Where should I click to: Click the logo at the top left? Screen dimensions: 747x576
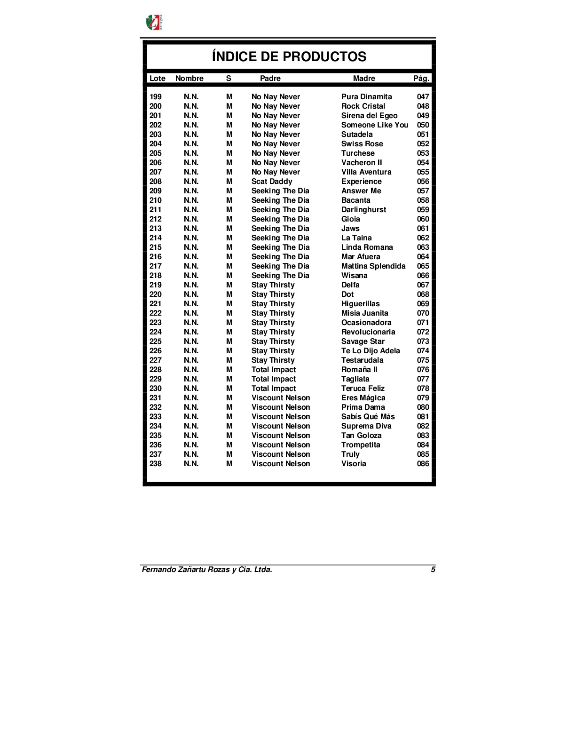[154, 22]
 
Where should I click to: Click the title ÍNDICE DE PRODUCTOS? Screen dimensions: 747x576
[289, 56]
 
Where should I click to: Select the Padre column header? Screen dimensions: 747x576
[270, 79]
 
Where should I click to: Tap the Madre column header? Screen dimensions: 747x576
[364, 79]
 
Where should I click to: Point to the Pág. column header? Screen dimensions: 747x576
[421, 79]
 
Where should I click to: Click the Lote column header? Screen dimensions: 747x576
[157, 79]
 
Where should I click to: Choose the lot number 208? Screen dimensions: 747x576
[156, 182]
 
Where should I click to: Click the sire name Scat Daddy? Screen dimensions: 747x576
[272, 182]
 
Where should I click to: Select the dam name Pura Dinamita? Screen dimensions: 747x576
[366, 97]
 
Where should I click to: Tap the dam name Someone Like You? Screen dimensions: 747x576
[375, 125]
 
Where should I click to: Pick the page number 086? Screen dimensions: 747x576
[423, 464]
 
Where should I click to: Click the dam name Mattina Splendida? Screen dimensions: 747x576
[373, 266]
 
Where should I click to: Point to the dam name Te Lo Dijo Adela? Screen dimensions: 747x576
[371, 351]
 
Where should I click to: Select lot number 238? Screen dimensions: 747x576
[156, 464]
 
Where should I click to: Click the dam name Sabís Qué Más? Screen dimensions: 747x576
[368, 417]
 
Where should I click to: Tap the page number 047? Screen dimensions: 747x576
[423, 97]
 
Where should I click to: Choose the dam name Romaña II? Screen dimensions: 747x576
[359, 370]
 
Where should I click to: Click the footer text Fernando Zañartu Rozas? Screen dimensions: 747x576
[207, 570]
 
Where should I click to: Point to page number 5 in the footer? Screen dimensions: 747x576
[433, 570]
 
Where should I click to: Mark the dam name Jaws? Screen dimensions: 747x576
[350, 229]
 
